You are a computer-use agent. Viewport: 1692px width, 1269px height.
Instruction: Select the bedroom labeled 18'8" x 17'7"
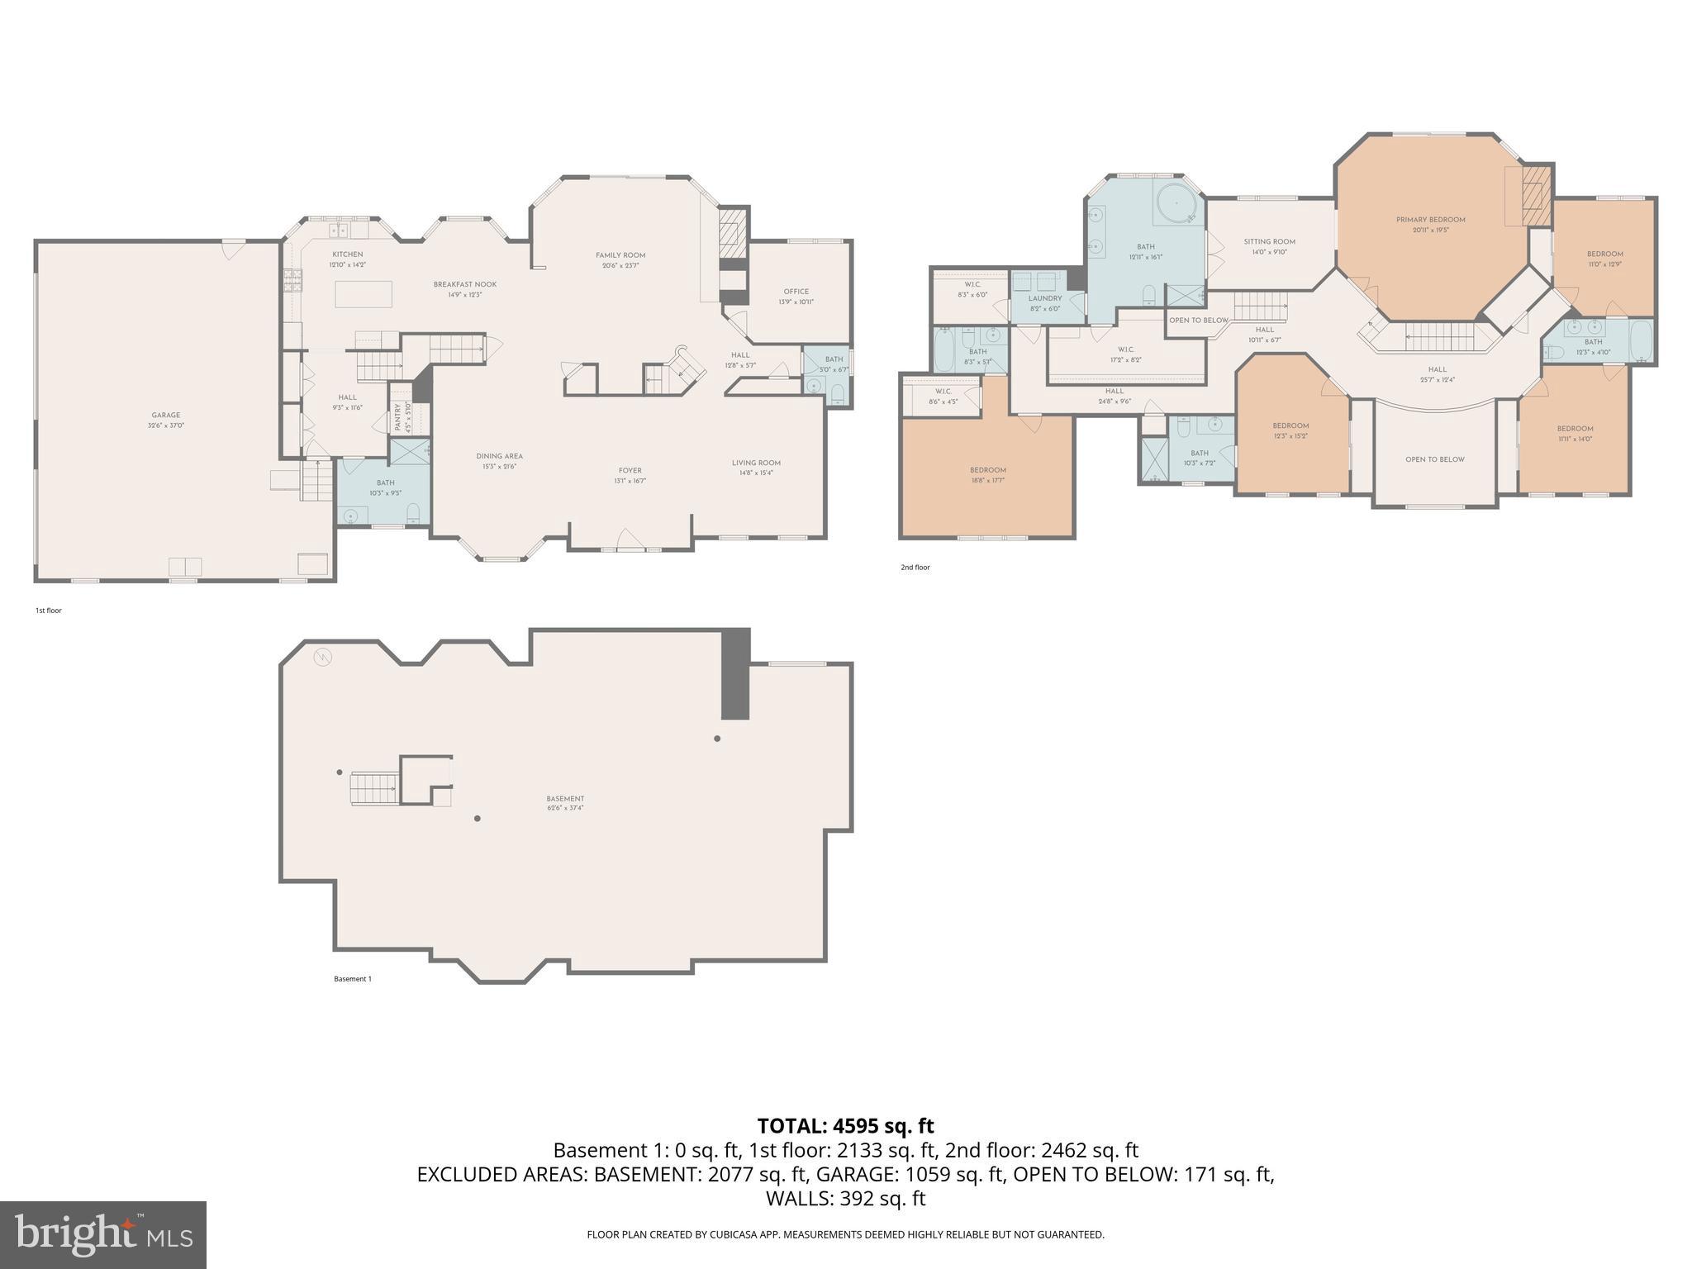tap(987, 474)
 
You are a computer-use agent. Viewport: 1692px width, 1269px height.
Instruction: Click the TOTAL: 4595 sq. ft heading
tap(845, 1125)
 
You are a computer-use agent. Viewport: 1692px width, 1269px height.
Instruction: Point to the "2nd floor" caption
tap(915, 568)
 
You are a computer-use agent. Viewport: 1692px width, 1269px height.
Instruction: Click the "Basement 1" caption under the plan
tap(353, 979)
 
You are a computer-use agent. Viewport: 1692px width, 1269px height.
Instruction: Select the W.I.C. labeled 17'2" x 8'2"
tap(1125, 354)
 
